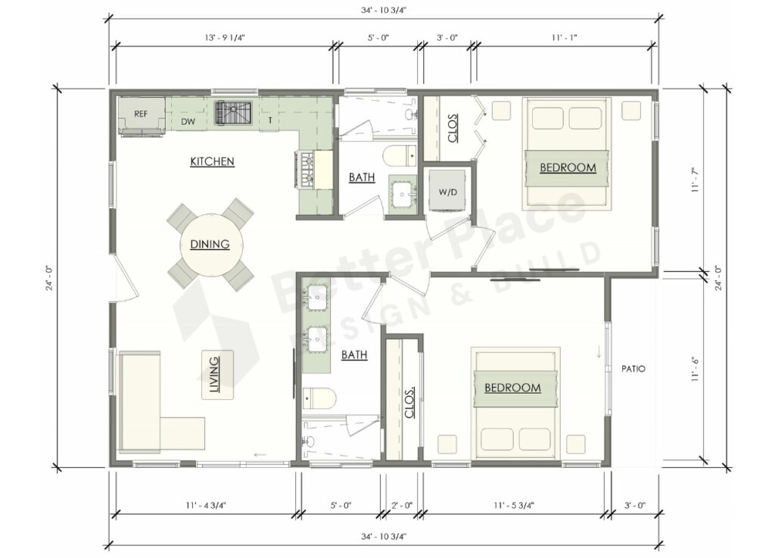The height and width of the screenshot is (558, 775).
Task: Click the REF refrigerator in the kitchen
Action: tap(141, 115)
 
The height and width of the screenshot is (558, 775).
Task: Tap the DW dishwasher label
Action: tap(189, 121)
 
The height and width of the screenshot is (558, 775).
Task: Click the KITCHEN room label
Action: tap(212, 161)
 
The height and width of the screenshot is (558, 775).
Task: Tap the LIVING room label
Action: tap(215, 376)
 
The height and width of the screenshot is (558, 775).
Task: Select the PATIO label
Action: tap(633, 369)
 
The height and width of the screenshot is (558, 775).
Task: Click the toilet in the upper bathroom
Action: tap(399, 156)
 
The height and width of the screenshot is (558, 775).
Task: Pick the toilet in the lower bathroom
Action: tap(318, 398)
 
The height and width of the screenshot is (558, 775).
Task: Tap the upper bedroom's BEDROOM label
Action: tap(567, 167)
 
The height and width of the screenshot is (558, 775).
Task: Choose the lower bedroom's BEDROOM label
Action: tap(512, 388)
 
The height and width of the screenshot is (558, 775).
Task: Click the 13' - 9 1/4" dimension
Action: tap(223, 36)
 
